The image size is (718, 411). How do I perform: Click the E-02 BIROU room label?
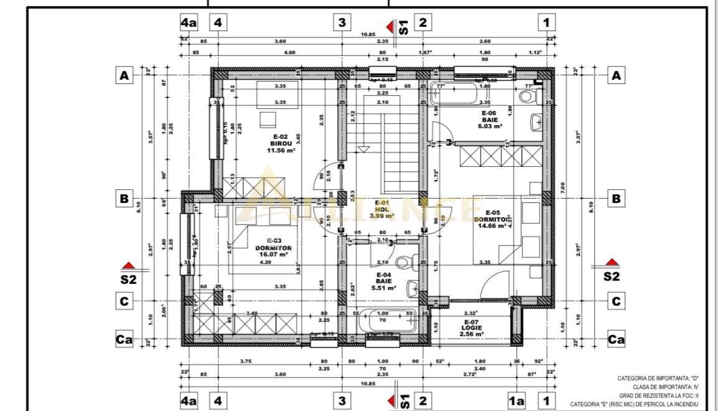(x=282, y=143)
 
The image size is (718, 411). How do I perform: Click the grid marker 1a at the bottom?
(x=516, y=401)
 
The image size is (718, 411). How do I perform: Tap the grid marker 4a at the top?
(x=189, y=23)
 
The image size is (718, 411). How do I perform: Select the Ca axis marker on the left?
(x=124, y=340)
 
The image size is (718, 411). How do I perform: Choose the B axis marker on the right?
(x=616, y=199)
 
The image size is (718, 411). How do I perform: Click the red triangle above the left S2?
(x=128, y=265)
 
